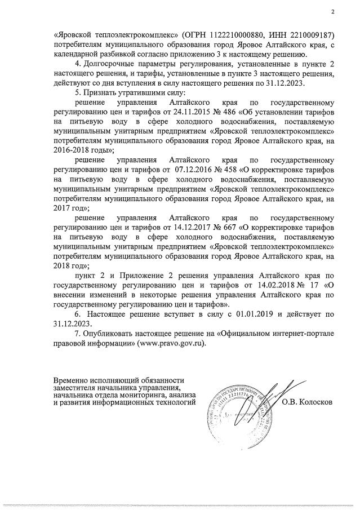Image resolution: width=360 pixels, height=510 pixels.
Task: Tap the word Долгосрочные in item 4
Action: tap(108, 64)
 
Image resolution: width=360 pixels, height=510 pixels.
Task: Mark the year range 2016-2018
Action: tap(73, 150)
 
